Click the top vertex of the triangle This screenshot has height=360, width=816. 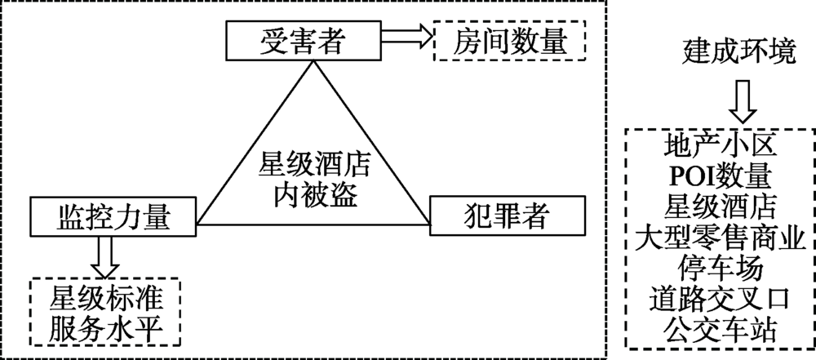coord(313,61)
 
